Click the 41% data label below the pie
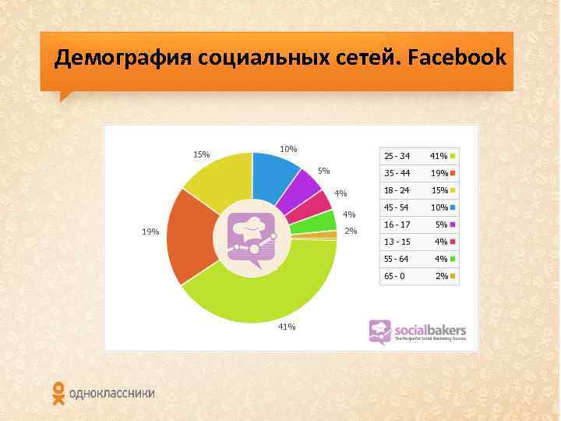coord(286,327)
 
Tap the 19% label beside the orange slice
coord(150,232)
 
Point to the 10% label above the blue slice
coord(288,148)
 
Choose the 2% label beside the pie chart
coord(351,231)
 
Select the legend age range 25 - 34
coord(396,156)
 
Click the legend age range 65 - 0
coord(394,276)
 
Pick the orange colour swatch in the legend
coord(453,173)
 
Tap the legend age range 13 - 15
coord(396,242)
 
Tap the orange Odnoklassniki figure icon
coord(58,394)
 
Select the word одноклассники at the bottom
coord(111,394)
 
